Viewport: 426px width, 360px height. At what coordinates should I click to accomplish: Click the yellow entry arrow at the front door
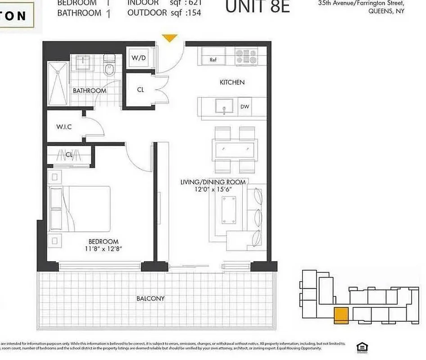click(x=170, y=38)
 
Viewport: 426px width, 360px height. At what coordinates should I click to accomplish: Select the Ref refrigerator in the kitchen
click(x=213, y=59)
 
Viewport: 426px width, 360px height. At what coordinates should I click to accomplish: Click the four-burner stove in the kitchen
click(x=246, y=57)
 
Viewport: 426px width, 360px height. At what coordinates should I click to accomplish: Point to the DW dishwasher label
click(x=245, y=107)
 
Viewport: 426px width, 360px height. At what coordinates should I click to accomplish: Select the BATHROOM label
click(x=90, y=90)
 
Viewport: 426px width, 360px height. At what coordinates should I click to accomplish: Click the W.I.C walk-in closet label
click(x=64, y=127)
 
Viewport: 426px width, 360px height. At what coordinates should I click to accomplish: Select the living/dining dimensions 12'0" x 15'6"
click(x=213, y=189)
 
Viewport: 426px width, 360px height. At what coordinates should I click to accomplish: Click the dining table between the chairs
click(x=235, y=148)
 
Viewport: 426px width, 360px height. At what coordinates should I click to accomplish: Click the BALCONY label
click(x=151, y=298)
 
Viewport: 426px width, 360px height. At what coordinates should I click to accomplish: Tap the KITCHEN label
click(x=232, y=82)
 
